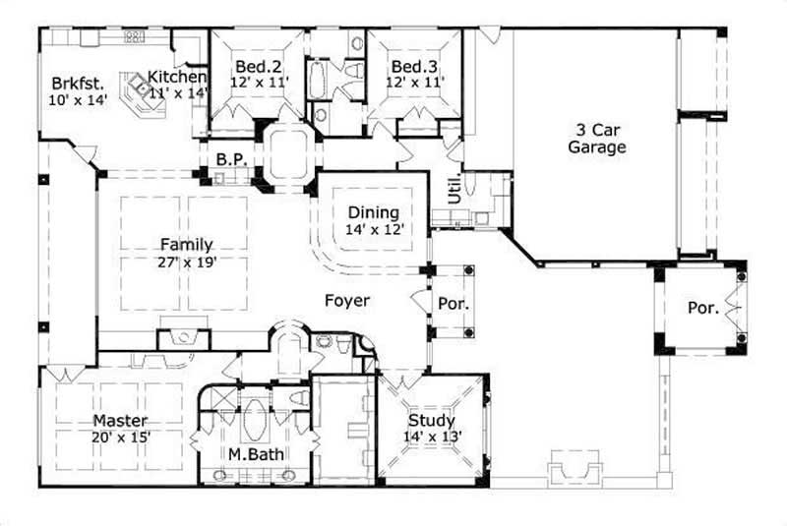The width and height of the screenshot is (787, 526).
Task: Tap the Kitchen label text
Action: (177, 77)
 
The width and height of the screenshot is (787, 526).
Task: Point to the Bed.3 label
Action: (414, 67)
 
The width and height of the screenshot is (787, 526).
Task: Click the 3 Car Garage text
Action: (597, 139)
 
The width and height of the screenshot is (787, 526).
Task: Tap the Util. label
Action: (454, 190)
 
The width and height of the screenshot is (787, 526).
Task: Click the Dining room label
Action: (374, 212)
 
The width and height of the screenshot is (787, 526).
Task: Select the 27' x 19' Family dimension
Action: (185, 263)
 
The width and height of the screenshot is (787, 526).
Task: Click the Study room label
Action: (431, 422)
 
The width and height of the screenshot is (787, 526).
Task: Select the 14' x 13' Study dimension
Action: (431, 438)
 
